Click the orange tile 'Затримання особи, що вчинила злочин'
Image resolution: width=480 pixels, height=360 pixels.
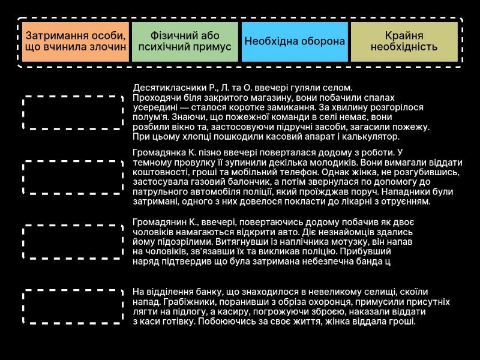tap(76, 41)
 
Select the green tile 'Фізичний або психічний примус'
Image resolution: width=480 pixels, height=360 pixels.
tap(185, 41)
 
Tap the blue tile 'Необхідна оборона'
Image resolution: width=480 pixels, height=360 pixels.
tap(295, 41)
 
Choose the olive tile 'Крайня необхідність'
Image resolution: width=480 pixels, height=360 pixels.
tap(404, 41)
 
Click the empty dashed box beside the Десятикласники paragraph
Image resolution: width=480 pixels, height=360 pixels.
tap(73, 112)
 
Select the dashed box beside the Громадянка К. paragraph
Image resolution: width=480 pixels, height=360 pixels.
tap(73, 176)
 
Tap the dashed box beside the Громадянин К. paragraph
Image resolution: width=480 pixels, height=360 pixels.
tap(73, 241)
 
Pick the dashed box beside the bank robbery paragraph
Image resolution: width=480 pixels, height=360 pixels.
tap(73, 307)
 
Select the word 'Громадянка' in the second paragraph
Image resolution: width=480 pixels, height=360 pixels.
tap(158, 152)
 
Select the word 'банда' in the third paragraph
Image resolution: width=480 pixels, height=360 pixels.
tap(368, 262)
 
